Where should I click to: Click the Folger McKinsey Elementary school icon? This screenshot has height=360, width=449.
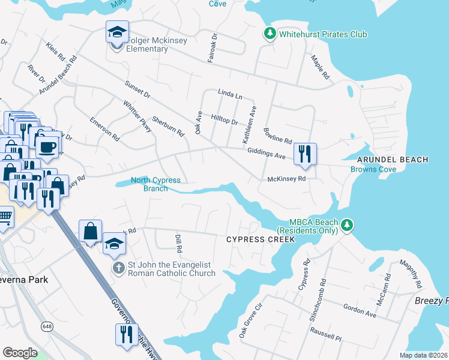click(118, 33)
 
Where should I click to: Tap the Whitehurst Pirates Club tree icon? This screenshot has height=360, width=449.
click(270, 34)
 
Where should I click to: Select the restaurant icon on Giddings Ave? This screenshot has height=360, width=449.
click(305, 154)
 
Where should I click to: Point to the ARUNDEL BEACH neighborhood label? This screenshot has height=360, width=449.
click(393, 160)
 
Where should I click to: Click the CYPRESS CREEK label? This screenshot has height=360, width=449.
click(261, 239)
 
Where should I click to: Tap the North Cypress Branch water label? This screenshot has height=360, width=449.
click(155, 184)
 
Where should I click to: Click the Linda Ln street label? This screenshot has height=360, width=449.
click(230, 95)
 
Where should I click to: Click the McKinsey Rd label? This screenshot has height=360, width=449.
click(287, 179)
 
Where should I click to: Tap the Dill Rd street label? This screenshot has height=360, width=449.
click(178, 243)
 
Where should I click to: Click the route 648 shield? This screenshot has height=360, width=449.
click(46, 326)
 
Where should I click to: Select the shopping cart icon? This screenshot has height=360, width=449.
click(5, 217)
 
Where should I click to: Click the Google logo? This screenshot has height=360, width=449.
click(20, 353)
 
